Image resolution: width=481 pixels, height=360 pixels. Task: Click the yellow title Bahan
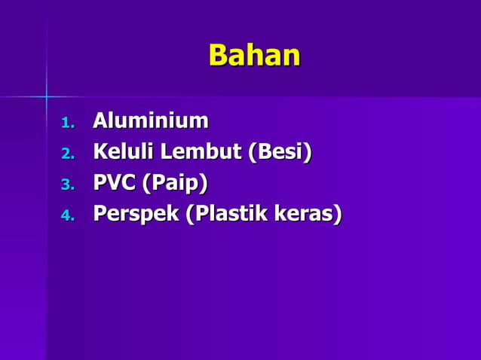tap(254, 56)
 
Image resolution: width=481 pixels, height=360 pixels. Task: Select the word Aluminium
tap(150, 121)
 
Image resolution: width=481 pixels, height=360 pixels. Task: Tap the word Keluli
tap(121, 152)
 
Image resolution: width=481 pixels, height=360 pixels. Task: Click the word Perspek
tap(135, 215)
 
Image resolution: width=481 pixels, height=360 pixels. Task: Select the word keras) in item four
tap(308, 215)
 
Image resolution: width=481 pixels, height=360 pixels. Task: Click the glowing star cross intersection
tap(46, 96)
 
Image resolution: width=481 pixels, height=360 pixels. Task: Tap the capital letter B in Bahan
tap(218, 56)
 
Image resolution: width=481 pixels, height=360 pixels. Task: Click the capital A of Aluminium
tap(100, 121)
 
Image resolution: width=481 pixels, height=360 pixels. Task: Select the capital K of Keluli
tap(100, 152)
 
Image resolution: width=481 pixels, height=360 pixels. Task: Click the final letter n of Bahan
tap(291, 57)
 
